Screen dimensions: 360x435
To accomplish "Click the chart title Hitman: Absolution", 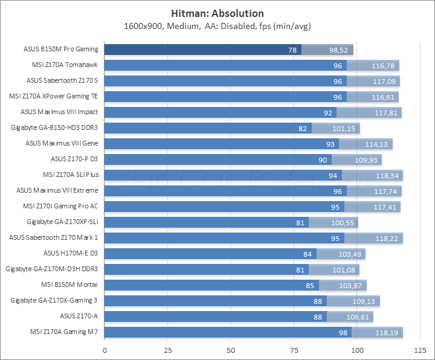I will click(x=217, y=13).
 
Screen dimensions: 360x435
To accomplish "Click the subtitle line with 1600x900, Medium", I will click(x=217, y=26).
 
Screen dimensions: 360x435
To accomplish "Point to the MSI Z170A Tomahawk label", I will click(x=65, y=65).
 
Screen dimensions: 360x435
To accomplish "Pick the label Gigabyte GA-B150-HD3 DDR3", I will click(x=54, y=127).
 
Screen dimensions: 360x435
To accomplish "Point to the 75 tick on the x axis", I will click(x=294, y=350).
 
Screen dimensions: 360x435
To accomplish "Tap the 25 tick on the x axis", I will click(x=168, y=350).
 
